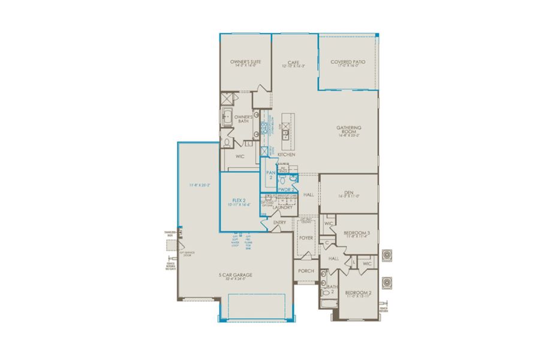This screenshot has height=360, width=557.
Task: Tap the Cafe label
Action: pos(293,62)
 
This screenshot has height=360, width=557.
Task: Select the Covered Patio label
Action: pos(348,62)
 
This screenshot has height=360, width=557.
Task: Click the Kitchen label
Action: pos(287,155)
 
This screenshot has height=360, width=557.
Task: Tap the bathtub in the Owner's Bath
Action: pos(228,118)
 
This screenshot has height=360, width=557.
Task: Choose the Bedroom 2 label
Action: pos(359,294)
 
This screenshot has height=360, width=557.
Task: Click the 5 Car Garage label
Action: pos(235,275)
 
